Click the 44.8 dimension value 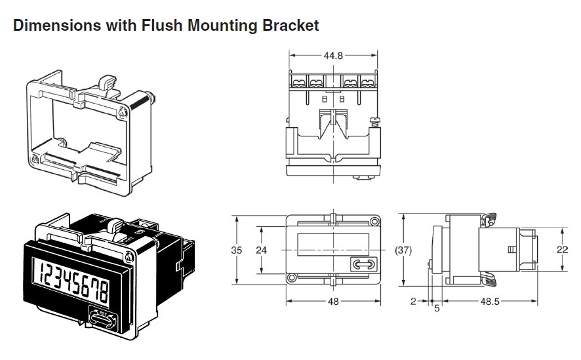pos(333,56)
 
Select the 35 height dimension pos(236,250)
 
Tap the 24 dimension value pos(261,250)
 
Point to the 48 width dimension pos(333,302)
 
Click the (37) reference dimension pos(403,250)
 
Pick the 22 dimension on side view pos(562,250)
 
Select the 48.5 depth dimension pos(490,302)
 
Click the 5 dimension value pos(437,308)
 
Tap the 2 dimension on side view pos(414,302)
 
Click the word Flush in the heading pos(162,25)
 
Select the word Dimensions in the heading pos(57,25)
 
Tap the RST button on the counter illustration pos(104,318)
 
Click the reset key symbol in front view pos(364,264)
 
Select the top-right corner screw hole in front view pos(374,222)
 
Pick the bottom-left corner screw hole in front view pos(292,278)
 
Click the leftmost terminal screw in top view pos(298,81)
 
